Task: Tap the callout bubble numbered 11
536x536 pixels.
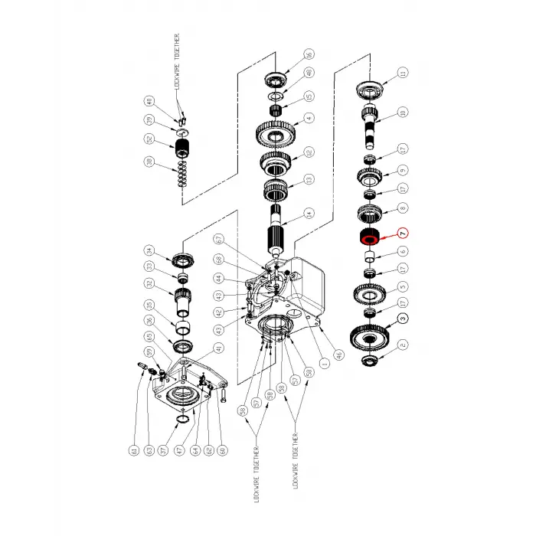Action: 403,73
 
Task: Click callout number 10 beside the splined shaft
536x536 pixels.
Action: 403,113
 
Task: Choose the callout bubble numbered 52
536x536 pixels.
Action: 150,139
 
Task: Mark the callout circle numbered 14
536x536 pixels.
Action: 309,214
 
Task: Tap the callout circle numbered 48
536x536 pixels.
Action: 309,74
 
